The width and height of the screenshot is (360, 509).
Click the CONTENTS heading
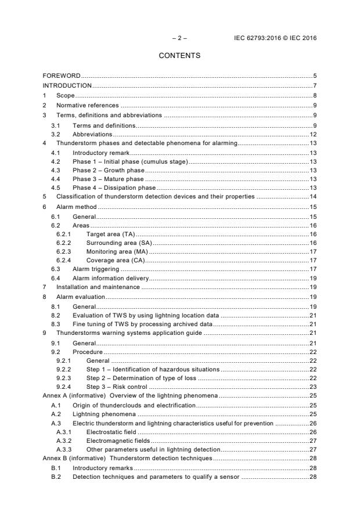(179, 56)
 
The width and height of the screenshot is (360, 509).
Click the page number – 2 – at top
(179, 38)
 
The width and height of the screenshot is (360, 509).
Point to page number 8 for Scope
(314, 96)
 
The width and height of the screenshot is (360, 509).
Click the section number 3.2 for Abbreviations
(56, 134)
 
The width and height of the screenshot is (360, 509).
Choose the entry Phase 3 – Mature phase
(108, 179)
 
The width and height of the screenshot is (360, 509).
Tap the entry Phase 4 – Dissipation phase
(114, 188)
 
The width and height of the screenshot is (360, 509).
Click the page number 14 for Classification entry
(312, 197)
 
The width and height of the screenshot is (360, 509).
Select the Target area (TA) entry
(110, 233)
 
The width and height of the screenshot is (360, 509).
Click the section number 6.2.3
(64, 251)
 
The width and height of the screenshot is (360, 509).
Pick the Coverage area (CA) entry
(115, 261)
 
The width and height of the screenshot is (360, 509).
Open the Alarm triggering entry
(96, 269)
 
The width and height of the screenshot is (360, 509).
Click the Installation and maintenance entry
(98, 287)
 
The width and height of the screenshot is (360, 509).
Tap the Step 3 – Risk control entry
(117, 387)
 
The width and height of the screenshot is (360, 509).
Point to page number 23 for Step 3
(312, 387)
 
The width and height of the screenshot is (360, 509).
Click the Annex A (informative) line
(130, 395)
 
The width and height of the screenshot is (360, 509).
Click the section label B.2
(56, 476)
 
